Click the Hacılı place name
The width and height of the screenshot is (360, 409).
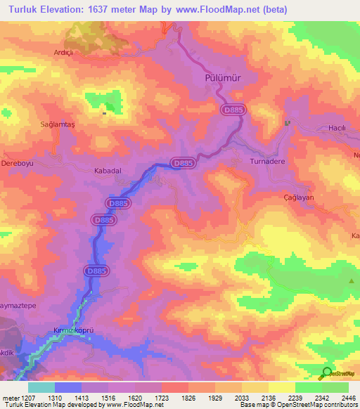tap(340, 128)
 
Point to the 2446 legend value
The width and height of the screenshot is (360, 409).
tap(338, 398)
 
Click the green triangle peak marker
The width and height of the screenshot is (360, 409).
tap(351, 281)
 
